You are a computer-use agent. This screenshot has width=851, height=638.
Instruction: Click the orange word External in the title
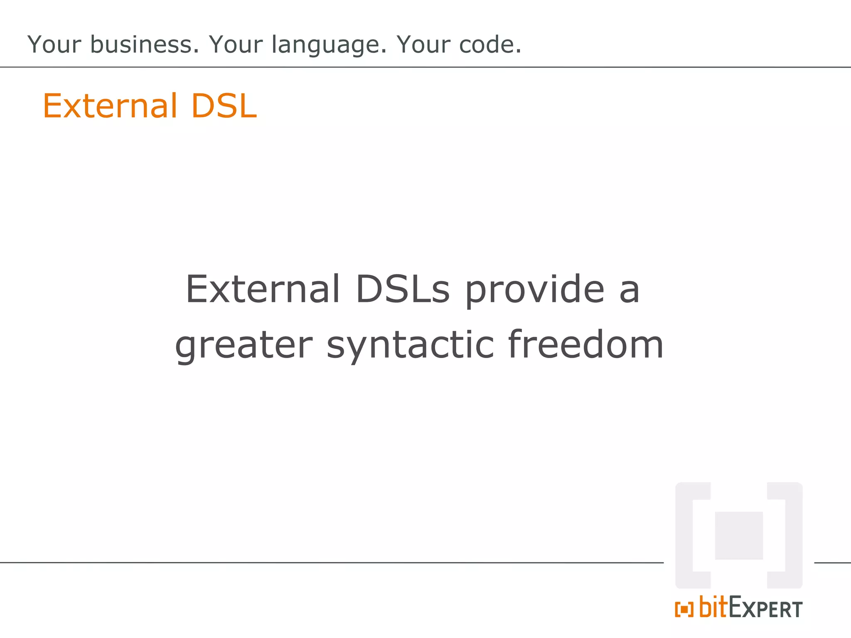point(110,106)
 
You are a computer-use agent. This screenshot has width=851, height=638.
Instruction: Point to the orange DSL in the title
point(224,106)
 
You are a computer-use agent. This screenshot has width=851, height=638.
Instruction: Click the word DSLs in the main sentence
point(403,289)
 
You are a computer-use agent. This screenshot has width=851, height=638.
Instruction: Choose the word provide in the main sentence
point(534,290)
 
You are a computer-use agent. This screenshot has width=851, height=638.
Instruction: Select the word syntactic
point(410,346)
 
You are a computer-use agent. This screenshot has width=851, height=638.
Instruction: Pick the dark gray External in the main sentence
point(263,289)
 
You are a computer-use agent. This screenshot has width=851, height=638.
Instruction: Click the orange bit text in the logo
point(713,607)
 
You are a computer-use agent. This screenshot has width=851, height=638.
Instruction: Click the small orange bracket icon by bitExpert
point(684,610)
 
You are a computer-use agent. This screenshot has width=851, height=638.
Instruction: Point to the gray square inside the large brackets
point(738,535)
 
